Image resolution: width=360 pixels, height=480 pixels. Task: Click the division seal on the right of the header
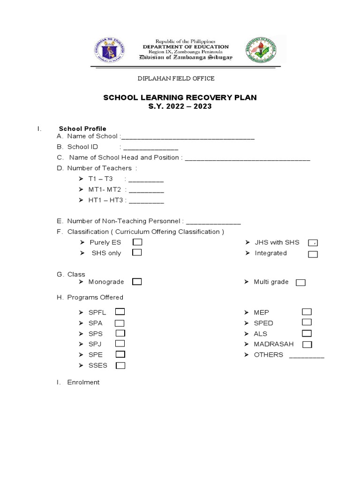click(261, 50)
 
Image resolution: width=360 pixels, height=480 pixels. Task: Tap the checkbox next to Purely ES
click(137, 242)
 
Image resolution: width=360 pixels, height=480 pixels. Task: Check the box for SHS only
click(137, 253)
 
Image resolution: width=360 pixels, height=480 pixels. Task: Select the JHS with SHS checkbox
click(313, 243)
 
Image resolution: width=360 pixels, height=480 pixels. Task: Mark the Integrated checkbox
click(313, 254)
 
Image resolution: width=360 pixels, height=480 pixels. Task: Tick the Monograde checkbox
click(137, 282)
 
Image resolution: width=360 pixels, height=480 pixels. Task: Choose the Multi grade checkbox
click(300, 282)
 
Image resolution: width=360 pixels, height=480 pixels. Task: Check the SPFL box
click(120, 312)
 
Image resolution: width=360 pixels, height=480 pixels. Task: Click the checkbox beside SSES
click(120, 366)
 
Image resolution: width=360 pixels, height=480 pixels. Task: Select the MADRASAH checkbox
click(307, 345)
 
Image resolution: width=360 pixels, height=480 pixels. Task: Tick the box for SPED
click(307, 322)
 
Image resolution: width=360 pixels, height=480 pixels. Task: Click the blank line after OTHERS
click(307, 356)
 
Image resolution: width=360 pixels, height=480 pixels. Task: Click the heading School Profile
click(82, 128)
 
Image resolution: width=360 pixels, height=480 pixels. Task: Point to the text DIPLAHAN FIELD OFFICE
click(175, 79)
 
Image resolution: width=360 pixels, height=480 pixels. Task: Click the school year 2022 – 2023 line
click(180, 106)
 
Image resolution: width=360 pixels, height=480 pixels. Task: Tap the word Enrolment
click(83, 382)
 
